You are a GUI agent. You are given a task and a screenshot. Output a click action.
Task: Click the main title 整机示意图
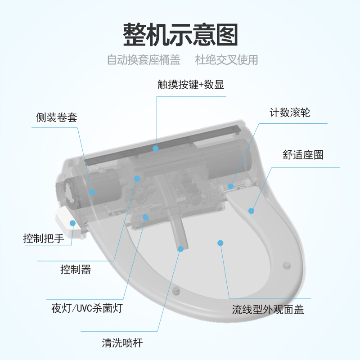[x=180, y=35]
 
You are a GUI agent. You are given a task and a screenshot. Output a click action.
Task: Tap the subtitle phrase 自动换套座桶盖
[x=144, y=60]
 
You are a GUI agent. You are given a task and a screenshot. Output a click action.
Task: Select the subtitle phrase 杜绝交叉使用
[x=227, y=60]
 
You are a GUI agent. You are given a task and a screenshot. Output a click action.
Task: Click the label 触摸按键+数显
[x=191, y=85]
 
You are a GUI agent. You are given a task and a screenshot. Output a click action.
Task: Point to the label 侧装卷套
[x=57, y=118]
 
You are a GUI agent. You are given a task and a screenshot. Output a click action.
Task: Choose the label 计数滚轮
[x=290, y=112]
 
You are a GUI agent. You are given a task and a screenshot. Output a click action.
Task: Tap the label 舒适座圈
[x=303, y=155]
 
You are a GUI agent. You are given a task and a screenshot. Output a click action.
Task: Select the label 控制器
[x=76, y=270]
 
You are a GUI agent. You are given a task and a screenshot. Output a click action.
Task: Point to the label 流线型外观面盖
[x=268, y=310]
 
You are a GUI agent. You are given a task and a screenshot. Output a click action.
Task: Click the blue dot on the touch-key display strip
[x=156, y=148]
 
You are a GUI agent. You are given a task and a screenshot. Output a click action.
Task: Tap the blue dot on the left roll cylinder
[x=92, y=192]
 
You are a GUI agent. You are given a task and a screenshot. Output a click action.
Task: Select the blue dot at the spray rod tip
[x=180, y=248]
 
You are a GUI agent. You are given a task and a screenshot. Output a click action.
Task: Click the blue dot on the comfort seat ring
[x=251, y=210]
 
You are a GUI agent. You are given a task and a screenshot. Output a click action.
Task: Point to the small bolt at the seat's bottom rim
[x=175, y=289]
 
